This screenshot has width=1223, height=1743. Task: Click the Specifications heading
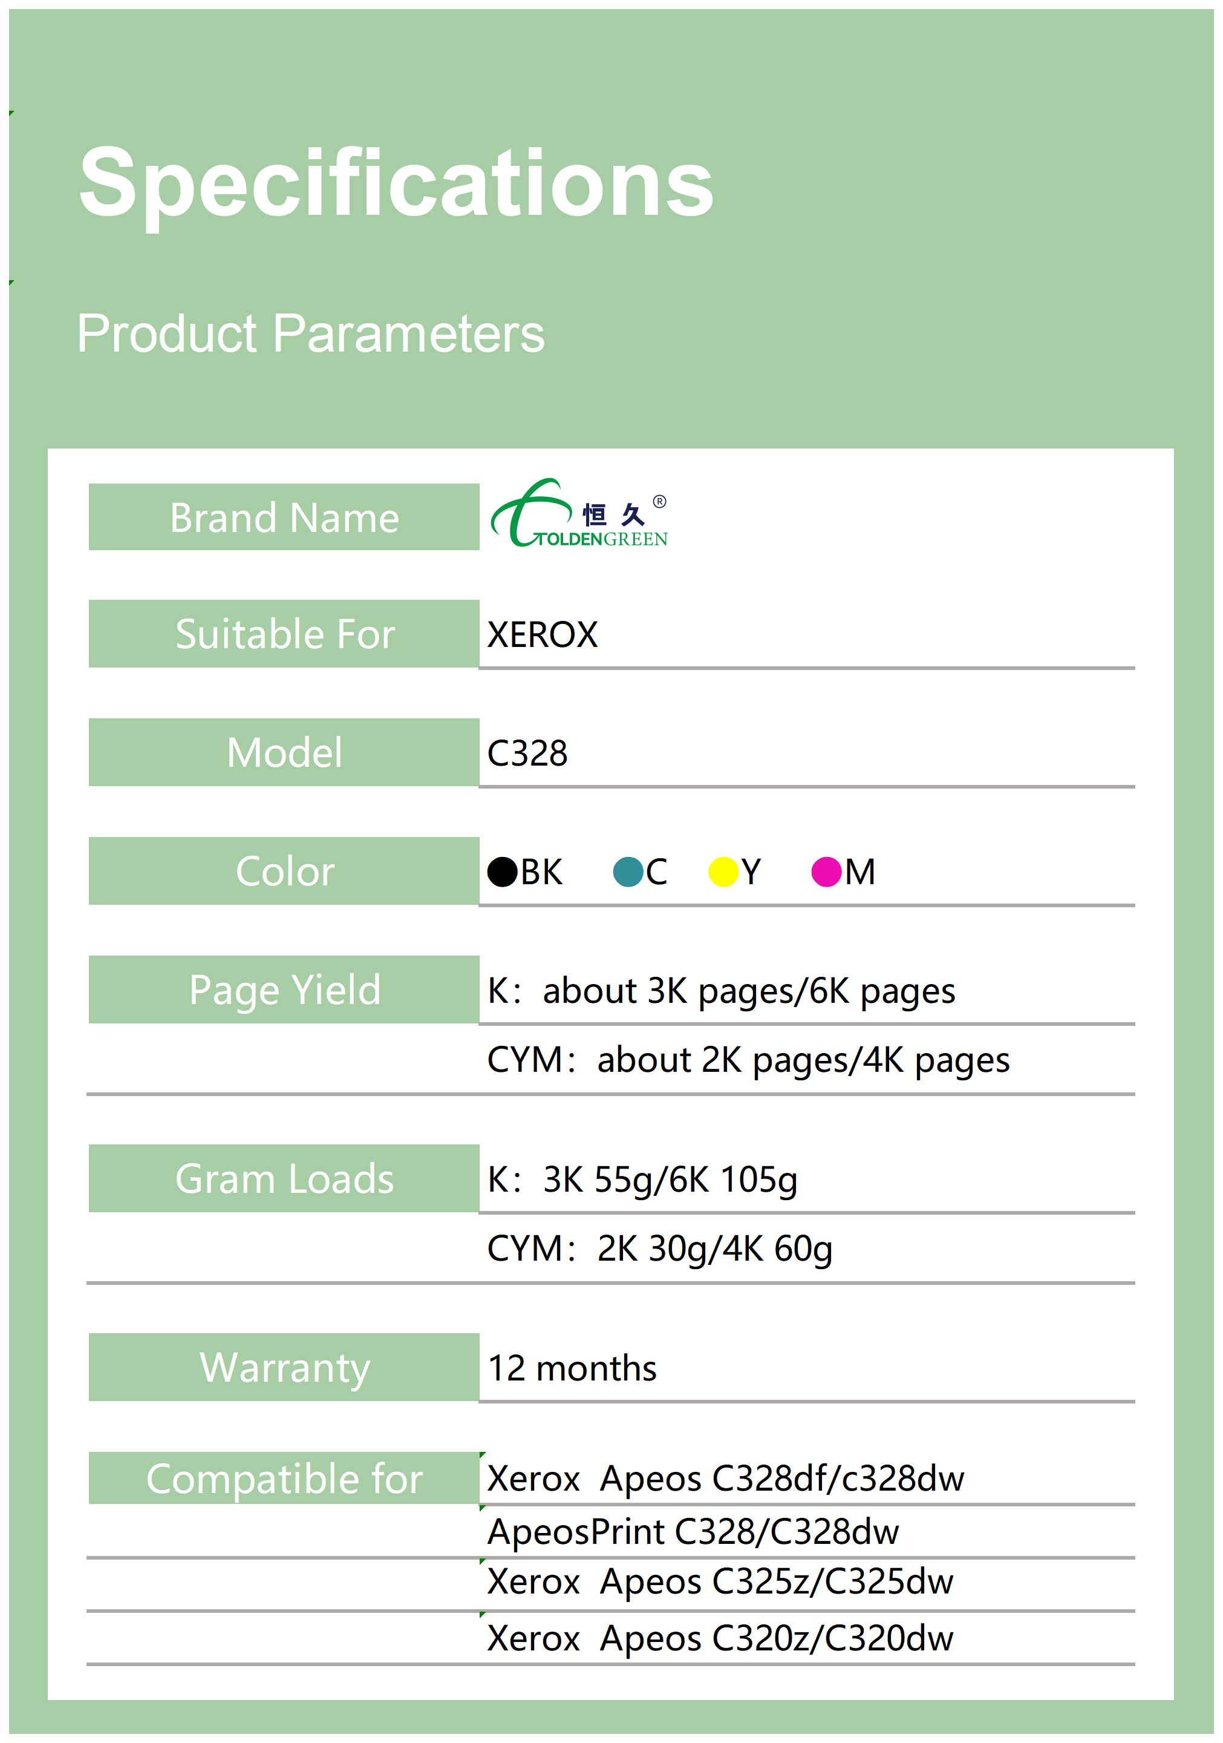(x=396, y=185)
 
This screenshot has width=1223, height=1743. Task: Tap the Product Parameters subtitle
(x=310, y=334)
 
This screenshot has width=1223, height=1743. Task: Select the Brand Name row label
(x=284, y=517)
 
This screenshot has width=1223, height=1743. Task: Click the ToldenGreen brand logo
(x=579, y=513)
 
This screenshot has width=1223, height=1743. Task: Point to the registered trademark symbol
(x=660, y=501)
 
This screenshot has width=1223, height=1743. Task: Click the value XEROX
(x=543, y=635)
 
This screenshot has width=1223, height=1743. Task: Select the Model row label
(x=284, y=752)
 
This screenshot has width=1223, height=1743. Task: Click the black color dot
(x=502, y=872)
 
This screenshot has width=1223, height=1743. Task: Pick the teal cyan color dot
(x=628, y=872)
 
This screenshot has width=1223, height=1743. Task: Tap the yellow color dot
(x=724, y=872)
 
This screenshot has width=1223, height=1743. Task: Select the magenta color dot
(x=827, y=872)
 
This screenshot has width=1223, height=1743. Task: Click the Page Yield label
(x=284, y=990)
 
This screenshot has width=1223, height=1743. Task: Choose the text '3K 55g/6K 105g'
(x=671, y=1181)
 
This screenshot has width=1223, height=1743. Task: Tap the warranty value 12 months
(x=572, y=1369)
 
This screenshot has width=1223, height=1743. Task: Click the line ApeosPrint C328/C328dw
(x=693, y=1532)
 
